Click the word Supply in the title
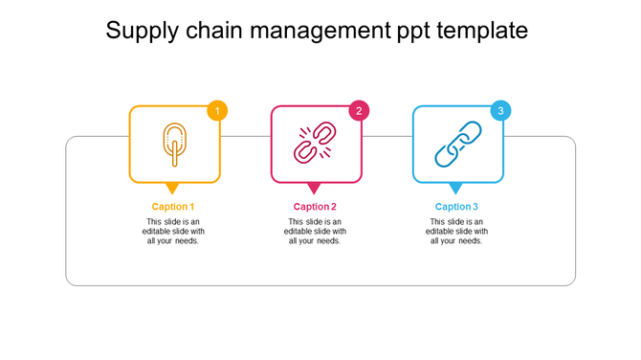click(x=141, y=32)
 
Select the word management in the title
click(x=318, y=32)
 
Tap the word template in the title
click(x=480, y=32)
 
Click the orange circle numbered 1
click(x=217, y=111)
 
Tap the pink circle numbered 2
click(x=359, y=111)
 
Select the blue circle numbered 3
click(x=500, y=111)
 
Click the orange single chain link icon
click(x=174, y=145)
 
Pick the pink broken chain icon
click(x=316, y=144)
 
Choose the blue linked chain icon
click(x=457, y=144)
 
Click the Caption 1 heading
click(x=173, y=207)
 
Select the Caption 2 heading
click(x=315, y=207)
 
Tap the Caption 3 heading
click(x=456, y=207)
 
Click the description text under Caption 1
click(x=173, y=231)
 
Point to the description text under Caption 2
click(x=315, y=231)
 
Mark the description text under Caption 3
click(x=456, y=231)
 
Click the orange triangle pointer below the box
click(x=173, y=188)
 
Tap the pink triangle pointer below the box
click(x=315, y=188)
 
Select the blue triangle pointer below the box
click(x=456, y=188)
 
